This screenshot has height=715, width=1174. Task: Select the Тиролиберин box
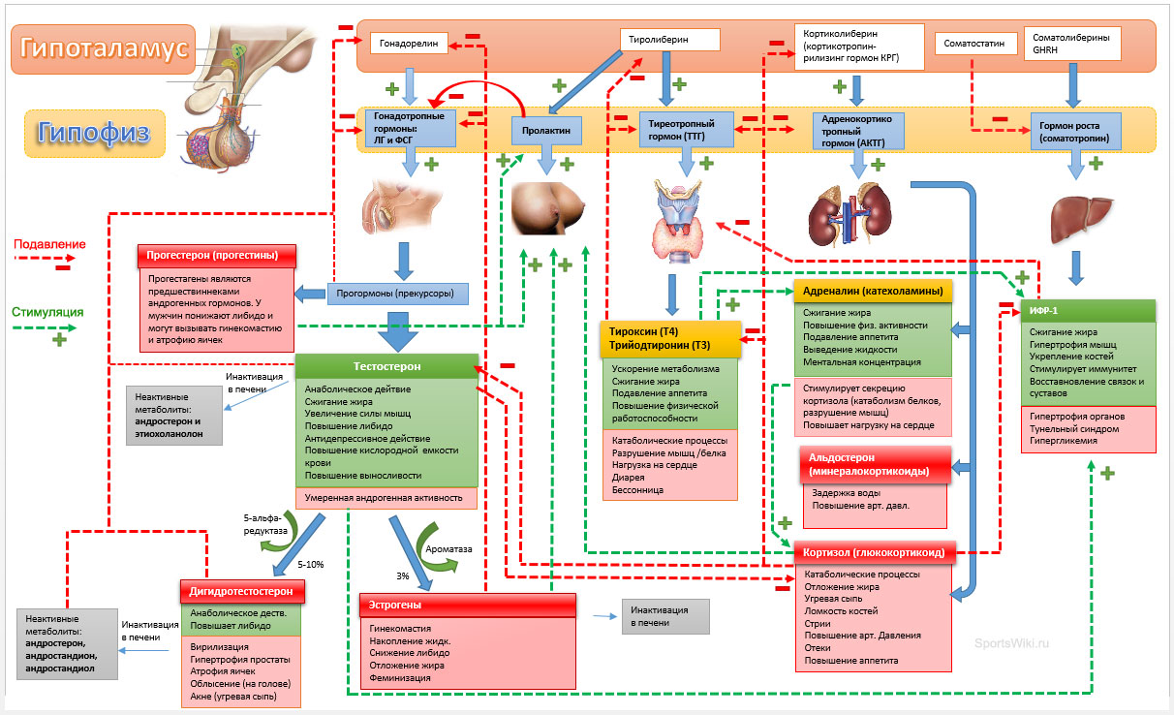669,40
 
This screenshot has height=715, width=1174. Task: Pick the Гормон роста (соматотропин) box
1075,132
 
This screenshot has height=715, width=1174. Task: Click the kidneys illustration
850,214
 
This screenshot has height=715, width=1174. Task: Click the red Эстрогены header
467,605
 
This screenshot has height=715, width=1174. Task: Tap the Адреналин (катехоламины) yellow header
873,291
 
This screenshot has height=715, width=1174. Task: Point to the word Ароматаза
449,549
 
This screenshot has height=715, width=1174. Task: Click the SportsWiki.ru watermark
1012,642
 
